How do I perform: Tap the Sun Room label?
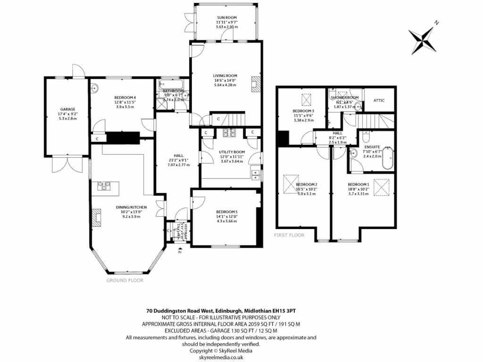pyautogui.click(x=227, y=17)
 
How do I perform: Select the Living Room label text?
pyautogui.click(x=225, y=75)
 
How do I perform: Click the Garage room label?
pyautogui.click(x=67, y=109)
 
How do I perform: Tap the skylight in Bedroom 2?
pyautogui.click(x=289, y=183)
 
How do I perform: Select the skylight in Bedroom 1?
pyautogui.click(x=379, y=187)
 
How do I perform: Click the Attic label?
pyautogui.click(x=379, y=100)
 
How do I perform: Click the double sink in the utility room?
pyautogui.click(x=257, y=174)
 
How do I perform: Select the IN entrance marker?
pyautogui.click(x=179, y=253)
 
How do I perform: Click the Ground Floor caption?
pyautogui.click(x=125, y=280)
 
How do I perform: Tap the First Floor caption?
pyautogui.click(x=289, y=235)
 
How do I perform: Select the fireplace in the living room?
pyautogui.click(x=255, y=84)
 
